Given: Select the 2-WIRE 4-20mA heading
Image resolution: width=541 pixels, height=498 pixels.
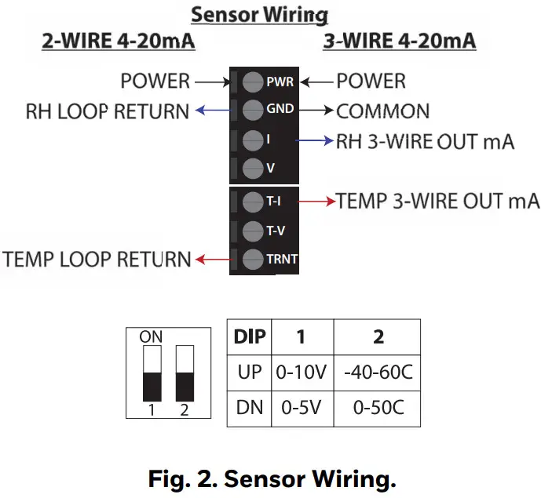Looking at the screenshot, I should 118,40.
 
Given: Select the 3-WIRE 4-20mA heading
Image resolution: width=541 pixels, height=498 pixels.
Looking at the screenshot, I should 400,40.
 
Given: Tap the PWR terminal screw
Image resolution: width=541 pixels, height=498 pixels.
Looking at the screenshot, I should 253,82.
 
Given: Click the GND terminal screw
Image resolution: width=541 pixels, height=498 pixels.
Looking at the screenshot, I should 253,110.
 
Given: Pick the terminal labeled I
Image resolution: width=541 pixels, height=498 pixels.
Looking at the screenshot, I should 253,140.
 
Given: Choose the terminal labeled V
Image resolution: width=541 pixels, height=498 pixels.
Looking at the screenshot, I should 253,167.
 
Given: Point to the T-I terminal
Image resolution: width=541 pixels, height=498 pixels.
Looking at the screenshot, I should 253,202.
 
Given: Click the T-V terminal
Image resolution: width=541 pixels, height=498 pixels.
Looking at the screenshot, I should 253,231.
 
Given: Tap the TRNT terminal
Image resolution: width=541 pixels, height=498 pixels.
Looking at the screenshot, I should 253,259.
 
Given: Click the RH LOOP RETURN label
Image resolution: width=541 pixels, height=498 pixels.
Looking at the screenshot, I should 108,111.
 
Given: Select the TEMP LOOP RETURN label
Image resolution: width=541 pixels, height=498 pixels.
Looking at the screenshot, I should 97,259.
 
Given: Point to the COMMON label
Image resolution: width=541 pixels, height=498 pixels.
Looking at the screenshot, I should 383,111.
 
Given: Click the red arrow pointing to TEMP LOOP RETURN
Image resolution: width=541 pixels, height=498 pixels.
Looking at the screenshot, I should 210,259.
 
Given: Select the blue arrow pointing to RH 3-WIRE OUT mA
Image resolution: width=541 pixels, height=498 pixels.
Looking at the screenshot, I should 315,141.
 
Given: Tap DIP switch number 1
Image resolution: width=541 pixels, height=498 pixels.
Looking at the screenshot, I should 151,373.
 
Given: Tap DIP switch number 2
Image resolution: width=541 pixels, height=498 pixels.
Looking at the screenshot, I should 185,373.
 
